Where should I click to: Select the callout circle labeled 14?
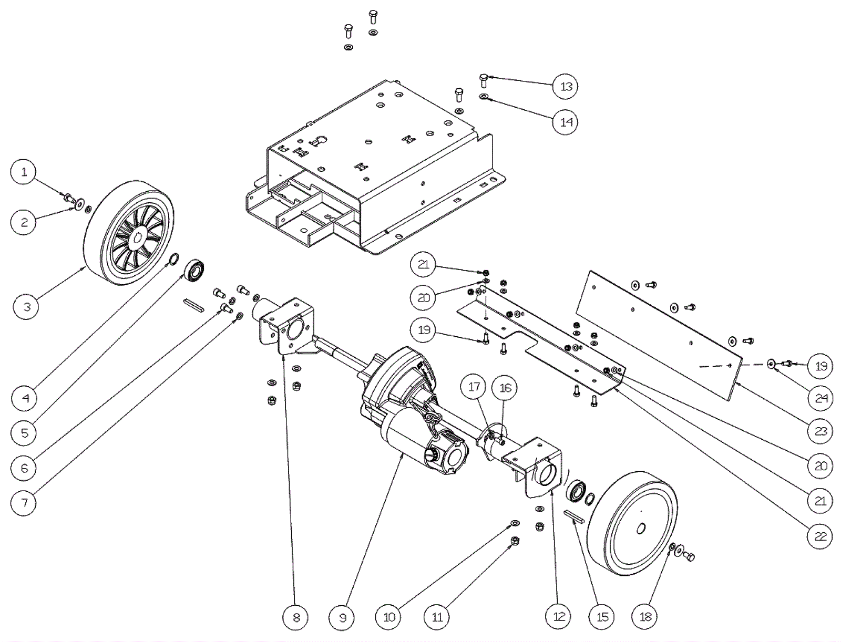(x=566, y=122)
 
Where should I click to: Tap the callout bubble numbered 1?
(x=24, y=172)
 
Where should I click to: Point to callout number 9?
(x=343, y=617)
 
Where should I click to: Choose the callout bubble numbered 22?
(x=821, y=536)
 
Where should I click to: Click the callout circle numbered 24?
(x=821, y=398)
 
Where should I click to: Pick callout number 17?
(x=474, y=387)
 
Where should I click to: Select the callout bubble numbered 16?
(x=505, y=388)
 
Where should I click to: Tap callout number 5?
(x=24, y=433)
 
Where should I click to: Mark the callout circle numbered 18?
(x=645, y=617)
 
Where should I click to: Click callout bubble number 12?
(x=559, y=617)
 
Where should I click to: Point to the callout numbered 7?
(x=24, y=503)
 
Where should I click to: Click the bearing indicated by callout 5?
(x=194, y=270)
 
